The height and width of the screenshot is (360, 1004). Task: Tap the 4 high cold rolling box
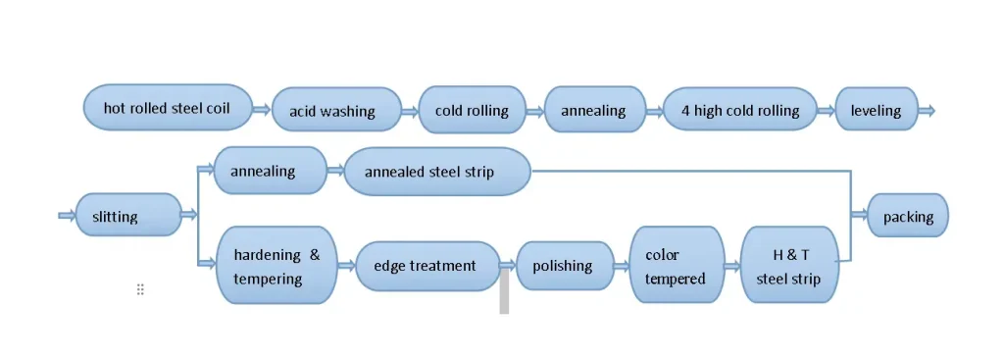(x=740, y=110)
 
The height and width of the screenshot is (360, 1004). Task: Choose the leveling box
(x=876, y=110)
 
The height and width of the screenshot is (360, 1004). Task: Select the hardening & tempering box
(x=276, y=266)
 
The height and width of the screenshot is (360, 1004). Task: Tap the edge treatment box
(x=428, y=266)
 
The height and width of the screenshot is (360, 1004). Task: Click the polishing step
(x=563, y=266)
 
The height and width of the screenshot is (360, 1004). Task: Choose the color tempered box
(x=676, y=266)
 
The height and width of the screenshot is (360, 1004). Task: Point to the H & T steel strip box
(x=790, y=266)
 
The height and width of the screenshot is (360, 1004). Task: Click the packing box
(x=908, y=216)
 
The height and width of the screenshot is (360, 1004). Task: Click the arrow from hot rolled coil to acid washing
(x=262, y=110)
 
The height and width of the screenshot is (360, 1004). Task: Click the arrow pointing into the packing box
(x=858, y=216)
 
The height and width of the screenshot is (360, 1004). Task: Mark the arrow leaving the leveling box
(x=926, y=110)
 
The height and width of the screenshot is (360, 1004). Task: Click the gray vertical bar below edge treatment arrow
(x=504, y=292)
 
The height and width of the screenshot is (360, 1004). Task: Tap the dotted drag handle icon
(x=140, y=289)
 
